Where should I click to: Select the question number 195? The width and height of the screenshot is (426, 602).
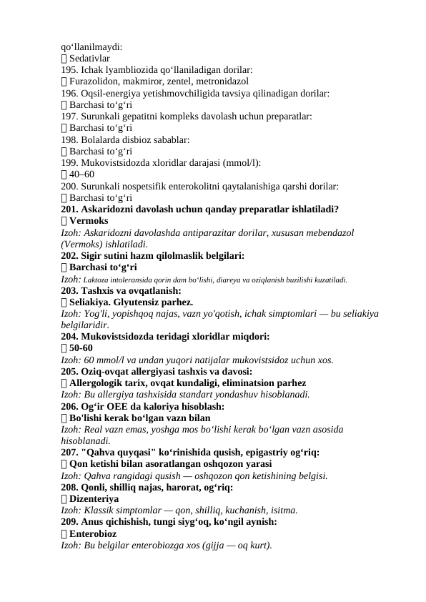tap(69, 70)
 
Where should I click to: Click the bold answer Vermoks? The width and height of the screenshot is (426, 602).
tap(89, 221)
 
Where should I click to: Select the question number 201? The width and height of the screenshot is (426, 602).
tap(70, 209)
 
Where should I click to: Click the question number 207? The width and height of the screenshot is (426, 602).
tap(70, 453)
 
